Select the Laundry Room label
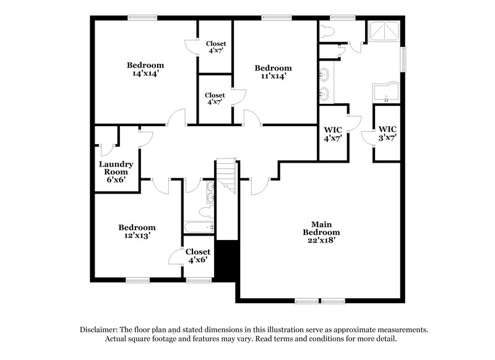click(116, 168)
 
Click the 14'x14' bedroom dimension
click(145, 74)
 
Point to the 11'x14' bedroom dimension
click(273, 76)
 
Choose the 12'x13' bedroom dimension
click(137, 236)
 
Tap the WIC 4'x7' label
click(334, 134)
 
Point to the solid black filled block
click(226, 259)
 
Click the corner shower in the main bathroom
click(384, 32)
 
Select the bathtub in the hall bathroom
click(199, 228)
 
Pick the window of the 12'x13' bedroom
click(137, 280)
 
